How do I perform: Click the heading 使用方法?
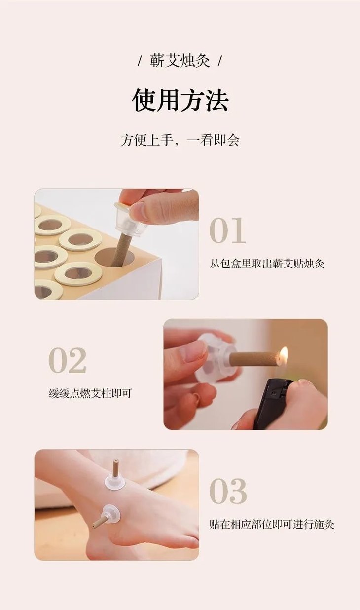[x=180, y=100]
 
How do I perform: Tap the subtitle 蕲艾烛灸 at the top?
[x=180, y=60]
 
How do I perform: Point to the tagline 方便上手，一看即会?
[x=180, y=141]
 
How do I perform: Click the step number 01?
[x=227, y=230]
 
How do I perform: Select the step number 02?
[x=67, y=360]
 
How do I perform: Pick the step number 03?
[x=228, y=491]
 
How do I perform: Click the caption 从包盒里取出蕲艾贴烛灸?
[x=267, y=264]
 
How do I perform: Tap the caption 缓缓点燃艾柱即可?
[x=90, y=393]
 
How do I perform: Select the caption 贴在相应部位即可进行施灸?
[x=272, y=524]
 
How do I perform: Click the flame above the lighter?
[x=284, y=354]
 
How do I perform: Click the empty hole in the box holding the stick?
[x=114, y=257]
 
